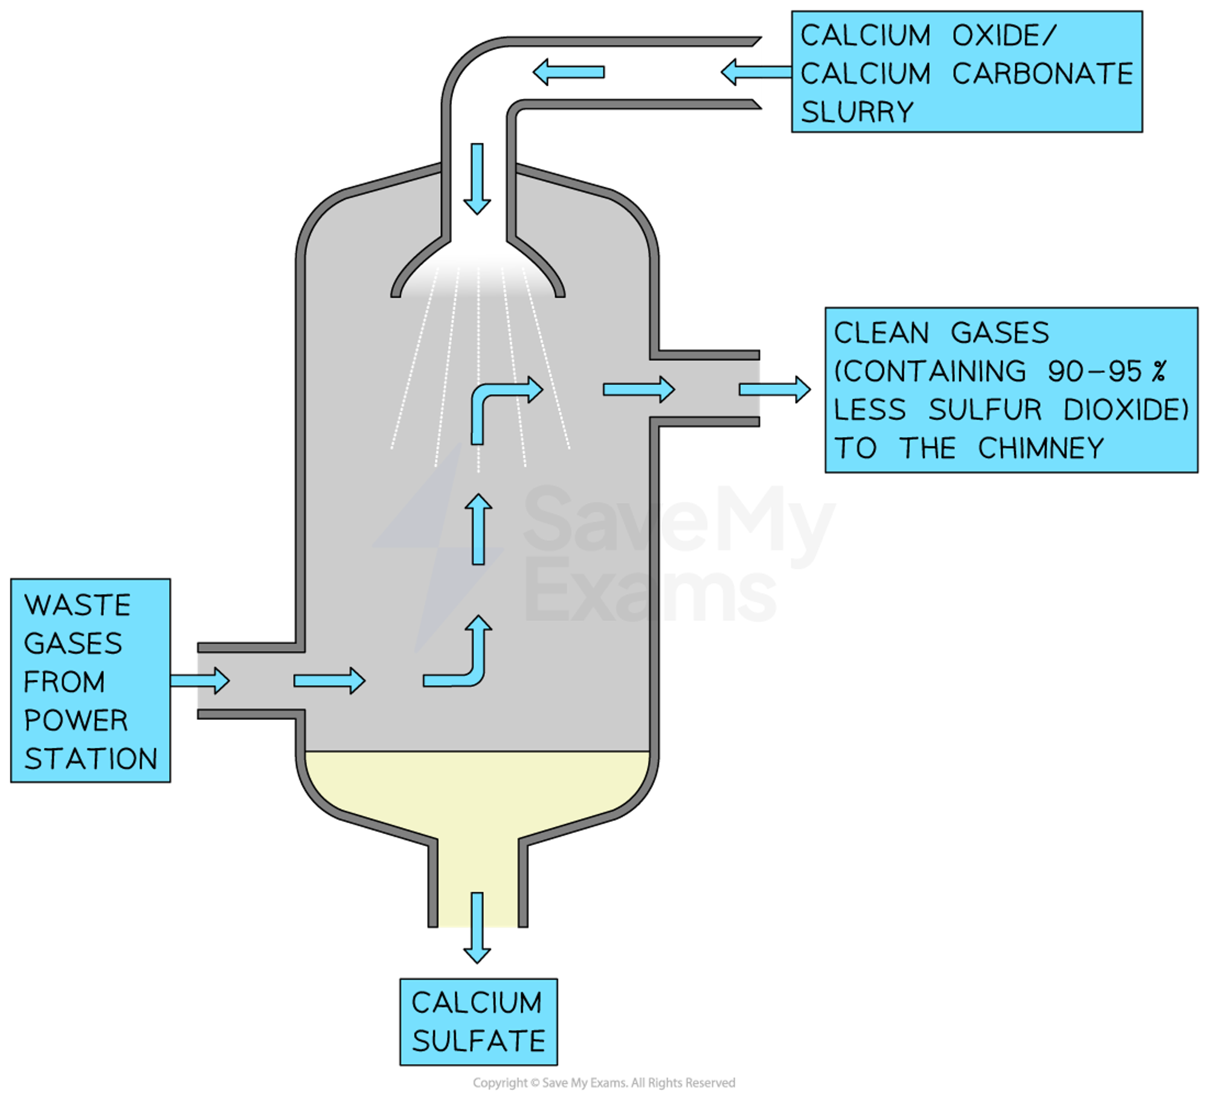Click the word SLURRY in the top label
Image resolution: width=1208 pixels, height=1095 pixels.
[x=857, y=112]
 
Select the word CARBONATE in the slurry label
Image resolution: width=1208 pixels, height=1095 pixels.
[x=1043, y=74]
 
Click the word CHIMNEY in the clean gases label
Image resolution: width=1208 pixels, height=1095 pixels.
[x=1041, y=449]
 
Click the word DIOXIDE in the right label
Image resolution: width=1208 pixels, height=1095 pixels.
[x=1125, y=410]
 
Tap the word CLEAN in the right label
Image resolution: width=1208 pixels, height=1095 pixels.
[x=881, y=333]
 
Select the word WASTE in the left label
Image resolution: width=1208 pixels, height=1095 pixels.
[x=77, y=605]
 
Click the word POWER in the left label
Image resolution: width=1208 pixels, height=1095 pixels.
[x=76, y=721]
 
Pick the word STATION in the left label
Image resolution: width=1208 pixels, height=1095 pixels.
[x=91, y=759]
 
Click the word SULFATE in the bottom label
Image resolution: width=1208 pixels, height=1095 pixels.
[x=478, y=1041]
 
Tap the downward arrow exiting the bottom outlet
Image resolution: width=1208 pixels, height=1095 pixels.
[x=477, y=926]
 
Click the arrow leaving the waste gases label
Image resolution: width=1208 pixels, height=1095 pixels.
[x=200, y=681]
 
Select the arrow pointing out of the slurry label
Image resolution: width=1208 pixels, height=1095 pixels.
[x=755, y=72]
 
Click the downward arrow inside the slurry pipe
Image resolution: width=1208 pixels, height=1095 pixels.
[x=477, y=179]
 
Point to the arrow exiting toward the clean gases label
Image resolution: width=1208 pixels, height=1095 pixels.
[x=774, y=390]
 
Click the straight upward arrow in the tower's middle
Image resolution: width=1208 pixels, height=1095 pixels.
[x=478, y=529]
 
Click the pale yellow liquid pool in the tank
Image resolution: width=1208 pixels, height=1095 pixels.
[x=477, y=791]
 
